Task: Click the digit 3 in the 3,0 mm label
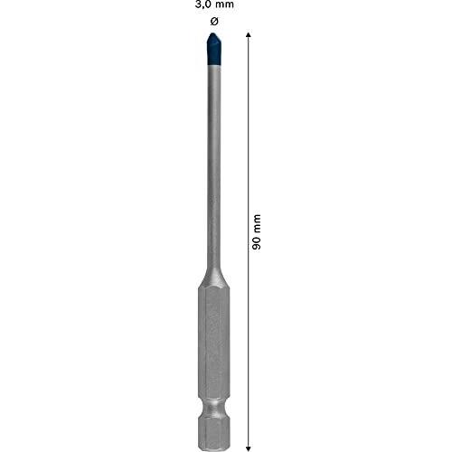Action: click(197, 5)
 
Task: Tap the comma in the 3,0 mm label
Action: click(202, 8)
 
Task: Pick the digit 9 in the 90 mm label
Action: click(257, 247)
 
